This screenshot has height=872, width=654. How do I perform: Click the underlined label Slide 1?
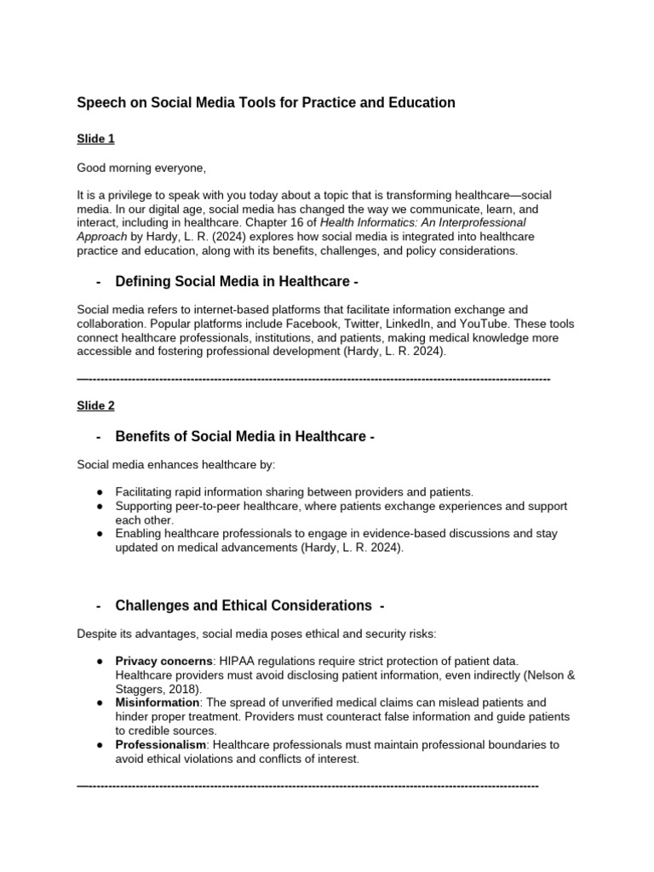(x=95, y=138)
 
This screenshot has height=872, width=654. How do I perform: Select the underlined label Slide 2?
(x=95, y=405)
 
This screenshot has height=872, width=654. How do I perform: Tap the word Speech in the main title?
(x=100, y=103)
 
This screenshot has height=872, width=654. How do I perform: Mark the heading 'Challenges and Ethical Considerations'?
(x=244, y=605)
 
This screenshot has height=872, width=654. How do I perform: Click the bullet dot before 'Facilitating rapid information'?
(x=100, y=492)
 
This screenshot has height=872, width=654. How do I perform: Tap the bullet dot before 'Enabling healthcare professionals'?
(x=100, y=534)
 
